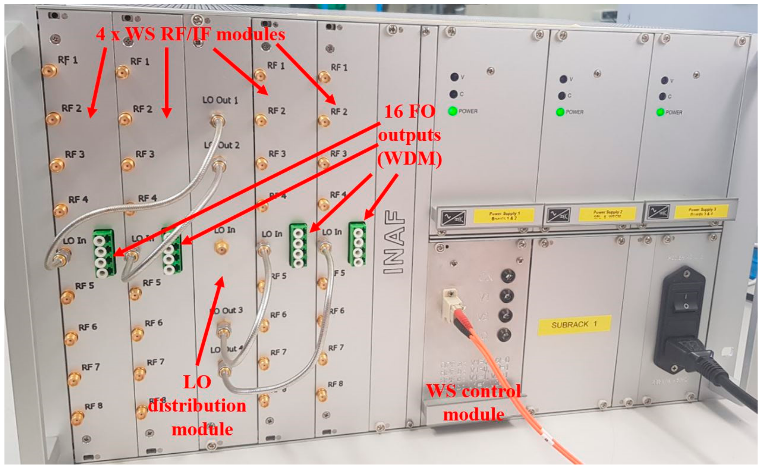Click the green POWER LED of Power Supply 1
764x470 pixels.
(453, 111)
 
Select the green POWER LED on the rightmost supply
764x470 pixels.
(660, 112)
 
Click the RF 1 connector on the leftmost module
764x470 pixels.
(50, 71)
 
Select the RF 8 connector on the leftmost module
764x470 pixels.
(77, 418)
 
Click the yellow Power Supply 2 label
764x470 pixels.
(607, 214)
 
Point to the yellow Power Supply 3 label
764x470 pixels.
(701, 211)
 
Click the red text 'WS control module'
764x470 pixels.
(474, 403)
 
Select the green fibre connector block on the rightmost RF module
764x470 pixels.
(357, 244)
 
